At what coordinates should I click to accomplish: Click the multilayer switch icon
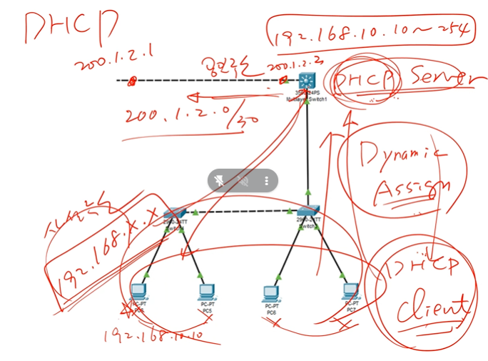tap(307, 81)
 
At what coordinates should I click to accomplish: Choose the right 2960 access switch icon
tap(308, 212)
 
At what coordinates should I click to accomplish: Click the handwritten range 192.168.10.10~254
tap(370, 29)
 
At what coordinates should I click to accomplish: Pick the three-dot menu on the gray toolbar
tap(267, 180)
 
